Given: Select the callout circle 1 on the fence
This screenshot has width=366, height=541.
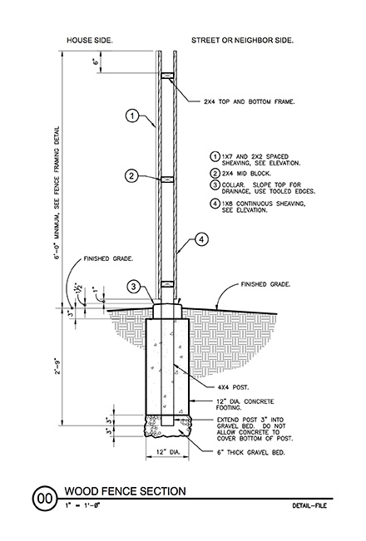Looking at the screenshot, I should click(x=131, y=116).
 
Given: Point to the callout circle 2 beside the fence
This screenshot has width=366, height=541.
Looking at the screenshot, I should click(x=131, y=175).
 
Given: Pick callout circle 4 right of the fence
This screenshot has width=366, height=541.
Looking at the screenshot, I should click(x=200, y=242).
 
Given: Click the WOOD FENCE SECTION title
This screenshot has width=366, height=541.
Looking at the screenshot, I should click(x=126, y=491).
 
